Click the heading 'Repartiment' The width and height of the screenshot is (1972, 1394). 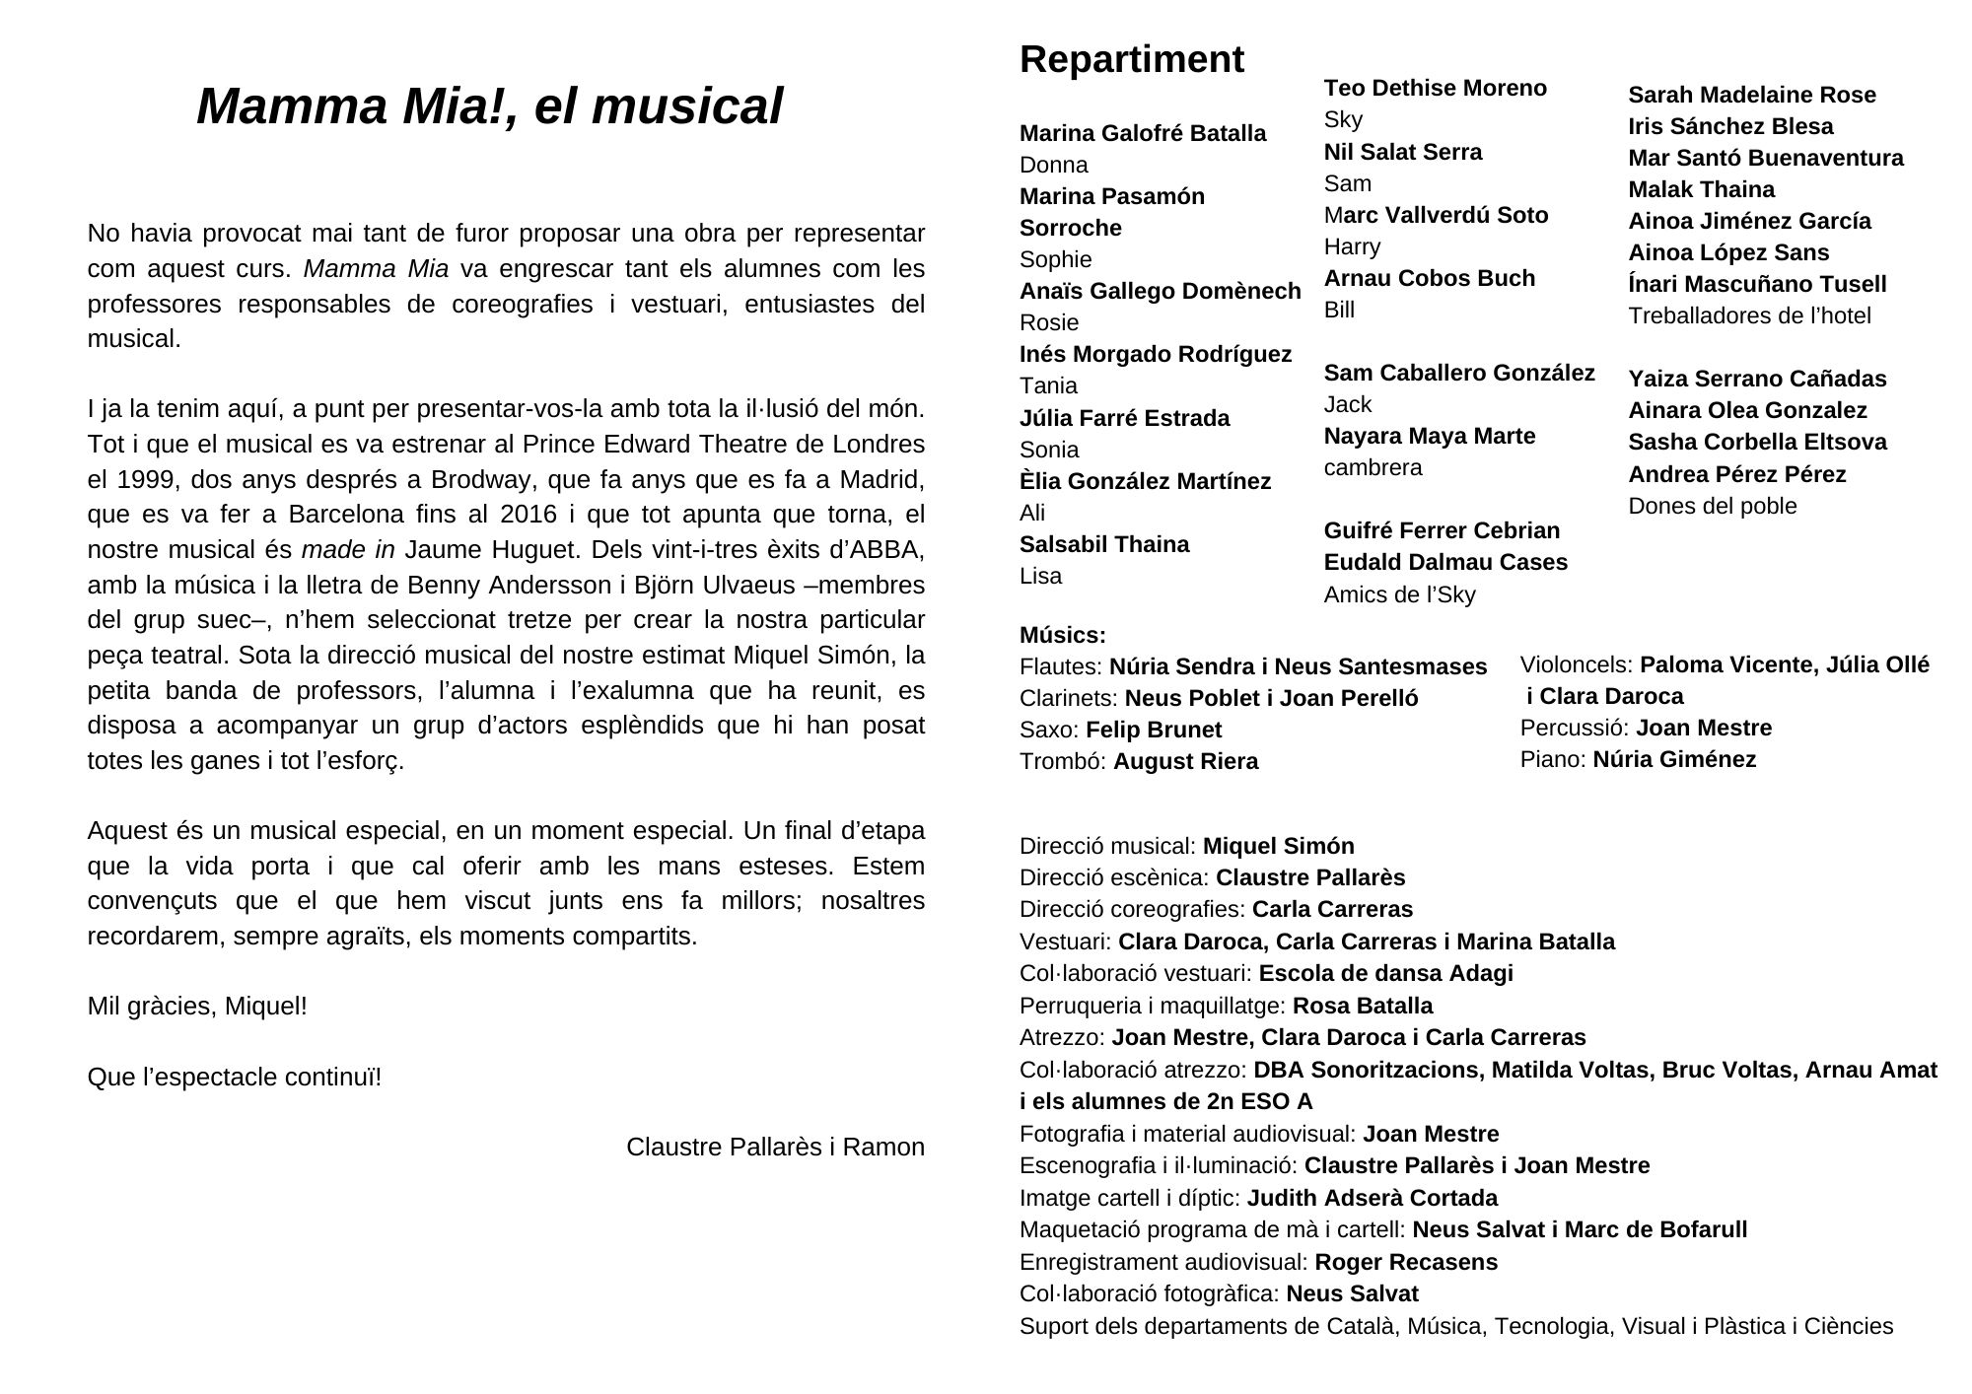point(1131,60)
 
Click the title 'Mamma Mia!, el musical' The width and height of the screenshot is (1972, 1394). point(489,106)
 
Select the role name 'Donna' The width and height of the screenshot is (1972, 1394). point(1053,165)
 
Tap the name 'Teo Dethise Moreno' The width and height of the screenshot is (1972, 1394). point(1435,89)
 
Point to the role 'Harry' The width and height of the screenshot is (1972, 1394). point(1352,246)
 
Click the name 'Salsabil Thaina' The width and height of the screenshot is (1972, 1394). point(1103,544)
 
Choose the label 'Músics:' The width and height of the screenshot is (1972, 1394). point(1062,635)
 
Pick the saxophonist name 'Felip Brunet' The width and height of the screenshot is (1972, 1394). point(1153,730)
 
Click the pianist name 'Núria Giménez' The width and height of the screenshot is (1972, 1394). point(1674,759)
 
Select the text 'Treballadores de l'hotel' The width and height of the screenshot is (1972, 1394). point(1749,315)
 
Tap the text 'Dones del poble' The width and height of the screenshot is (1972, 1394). point(1712,506)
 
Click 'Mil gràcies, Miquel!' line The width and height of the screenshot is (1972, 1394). point(197,1007)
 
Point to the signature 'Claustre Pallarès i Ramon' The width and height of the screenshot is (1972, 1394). point(775,1148)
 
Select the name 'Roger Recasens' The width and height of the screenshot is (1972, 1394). point(1405,1262)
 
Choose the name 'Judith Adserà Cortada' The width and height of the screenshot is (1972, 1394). point(1372,1198)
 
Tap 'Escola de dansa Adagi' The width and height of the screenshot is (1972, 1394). point(1385,973)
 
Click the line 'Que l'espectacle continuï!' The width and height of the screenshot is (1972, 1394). point(234,1078)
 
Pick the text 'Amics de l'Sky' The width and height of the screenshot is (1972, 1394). point(1399,594)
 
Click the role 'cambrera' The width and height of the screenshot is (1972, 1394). point(1373,467)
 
